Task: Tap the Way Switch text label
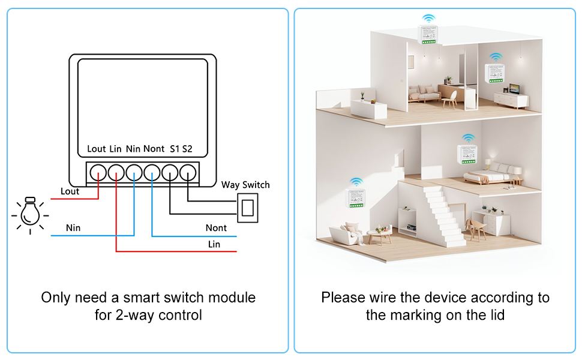point(245,185)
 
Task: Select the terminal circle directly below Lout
point(97,174)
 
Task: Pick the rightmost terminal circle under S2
point(188,174)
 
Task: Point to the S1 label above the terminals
point(175,149)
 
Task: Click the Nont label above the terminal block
point(154,149)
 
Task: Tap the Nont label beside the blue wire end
point(216,228)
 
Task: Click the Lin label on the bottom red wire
point(214,244)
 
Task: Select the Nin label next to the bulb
point(73,228)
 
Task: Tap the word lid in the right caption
point(496,315)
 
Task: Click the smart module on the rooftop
point(428,35)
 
